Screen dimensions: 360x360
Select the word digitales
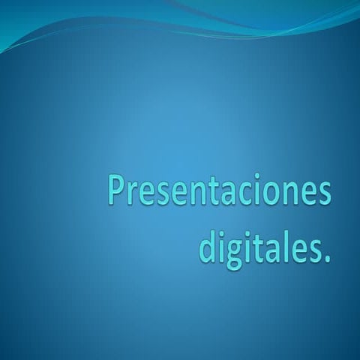[x=263, y=248]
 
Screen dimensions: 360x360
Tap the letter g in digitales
[x=232, y=253]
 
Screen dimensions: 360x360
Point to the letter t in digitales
[x=256, y=249]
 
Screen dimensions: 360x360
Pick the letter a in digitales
[x=271, y=251]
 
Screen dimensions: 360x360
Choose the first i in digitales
[x=220, y=247]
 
